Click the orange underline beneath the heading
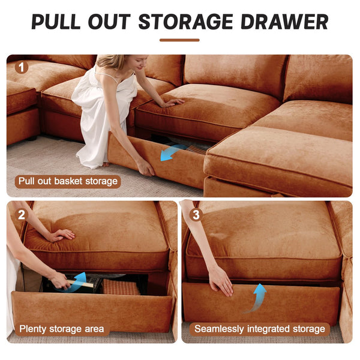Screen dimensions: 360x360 pos(179,40)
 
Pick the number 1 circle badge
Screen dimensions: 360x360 pos(22,67)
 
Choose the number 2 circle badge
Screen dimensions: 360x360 pos(22,214)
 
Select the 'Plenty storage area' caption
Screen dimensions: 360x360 pos(61,329)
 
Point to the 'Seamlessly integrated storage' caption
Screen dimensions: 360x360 pos(260,329)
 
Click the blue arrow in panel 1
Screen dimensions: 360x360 pos(173,152)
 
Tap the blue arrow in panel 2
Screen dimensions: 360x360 pos(76,283)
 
